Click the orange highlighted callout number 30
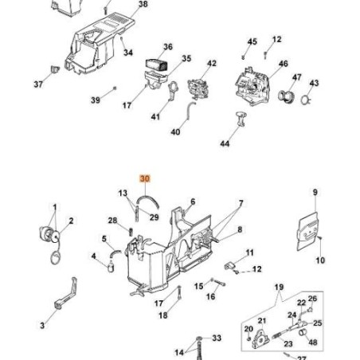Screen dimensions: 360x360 tap(145, 178)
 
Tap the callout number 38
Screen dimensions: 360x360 tap(143, 4)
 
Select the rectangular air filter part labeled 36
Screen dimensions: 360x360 tap(156, 65)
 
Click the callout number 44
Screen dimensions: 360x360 tap(225, 143)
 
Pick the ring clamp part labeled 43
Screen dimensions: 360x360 tap(306, 100)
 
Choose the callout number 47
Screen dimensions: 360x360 tap(296, 77)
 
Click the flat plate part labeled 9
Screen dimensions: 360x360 tap(307, 231)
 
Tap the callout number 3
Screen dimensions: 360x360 tap(42, 325)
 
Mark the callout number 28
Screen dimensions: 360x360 tap(112, 221)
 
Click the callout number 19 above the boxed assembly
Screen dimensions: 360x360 tap(279, 287)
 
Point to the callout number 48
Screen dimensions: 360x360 tap(313, 342)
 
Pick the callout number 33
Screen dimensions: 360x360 tap(217, 338)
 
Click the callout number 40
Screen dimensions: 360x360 tap(175, 131)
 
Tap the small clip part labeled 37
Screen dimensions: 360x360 tap(55, 69)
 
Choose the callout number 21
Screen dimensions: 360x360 tap(262, 321)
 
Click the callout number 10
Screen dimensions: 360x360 tap(320, 260)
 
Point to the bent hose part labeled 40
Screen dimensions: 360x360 tap(190, 110)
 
